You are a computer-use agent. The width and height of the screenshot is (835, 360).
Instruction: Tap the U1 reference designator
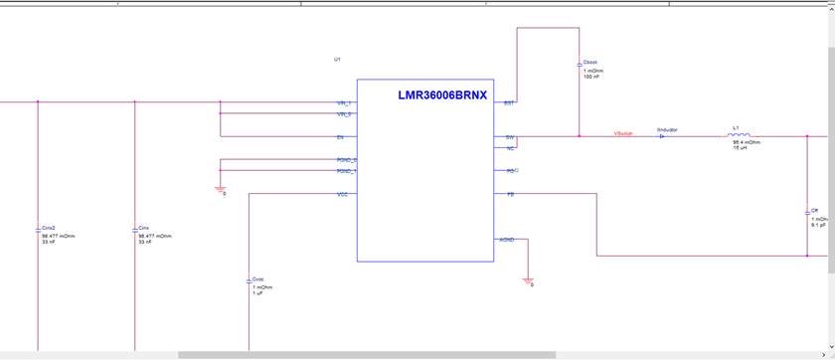(x=338, y=60)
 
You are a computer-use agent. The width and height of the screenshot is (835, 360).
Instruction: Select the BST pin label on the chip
(x=509, y=103)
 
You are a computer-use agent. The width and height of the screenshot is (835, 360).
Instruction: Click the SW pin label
(x=510, y=137)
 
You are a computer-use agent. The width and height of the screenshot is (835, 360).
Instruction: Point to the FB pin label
(x=510, y=194)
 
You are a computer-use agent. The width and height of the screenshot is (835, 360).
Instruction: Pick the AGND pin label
(x=508, y=240)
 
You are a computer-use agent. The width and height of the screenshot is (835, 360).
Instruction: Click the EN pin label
(x=340, y=137)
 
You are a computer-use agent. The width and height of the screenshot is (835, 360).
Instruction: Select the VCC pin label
(x=342, y=194)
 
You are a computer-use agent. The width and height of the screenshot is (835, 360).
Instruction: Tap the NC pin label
(x=510, y=148)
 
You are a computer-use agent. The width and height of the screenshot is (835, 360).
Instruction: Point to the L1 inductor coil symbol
(x=739, y=136)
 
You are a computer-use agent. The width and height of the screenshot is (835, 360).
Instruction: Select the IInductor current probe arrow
(x=663, y=136)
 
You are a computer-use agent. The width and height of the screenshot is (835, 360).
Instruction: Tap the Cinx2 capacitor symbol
(x=38, y=229)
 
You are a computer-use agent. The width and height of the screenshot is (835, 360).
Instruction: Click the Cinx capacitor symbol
(x=134, y=229)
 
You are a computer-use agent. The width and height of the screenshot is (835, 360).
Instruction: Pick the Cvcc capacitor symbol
(x=249, y=280)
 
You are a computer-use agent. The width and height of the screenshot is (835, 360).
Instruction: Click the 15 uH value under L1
(x=741, y=147)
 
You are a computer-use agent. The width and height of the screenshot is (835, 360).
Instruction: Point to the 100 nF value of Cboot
(x=590, y=77)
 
